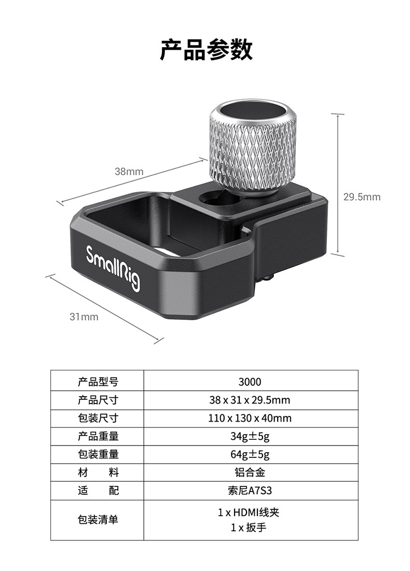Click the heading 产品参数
(206, 49)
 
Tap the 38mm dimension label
(129, 172)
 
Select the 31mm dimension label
(84, 317)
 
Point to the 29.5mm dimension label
(362, 197)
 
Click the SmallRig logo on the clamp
(113, 268)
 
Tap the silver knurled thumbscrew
(253, 146)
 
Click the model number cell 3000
(250, 382)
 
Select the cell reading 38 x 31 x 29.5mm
(250, 400)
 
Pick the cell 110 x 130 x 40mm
(250, 418)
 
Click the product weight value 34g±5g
(250, 436)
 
